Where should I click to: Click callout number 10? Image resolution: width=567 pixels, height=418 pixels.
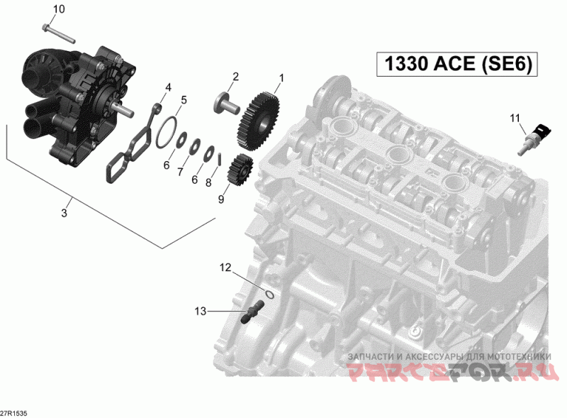point(59,9)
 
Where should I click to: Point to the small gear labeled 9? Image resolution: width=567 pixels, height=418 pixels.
point(240,170)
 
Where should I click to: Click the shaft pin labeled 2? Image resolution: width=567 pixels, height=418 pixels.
point(227,105)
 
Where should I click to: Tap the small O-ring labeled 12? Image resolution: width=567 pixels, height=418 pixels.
point(269,295)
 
